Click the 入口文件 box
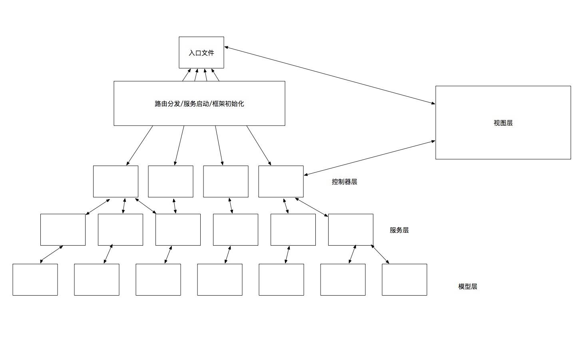201,52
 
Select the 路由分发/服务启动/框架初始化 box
199,104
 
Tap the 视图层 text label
503,123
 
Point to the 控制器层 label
344,182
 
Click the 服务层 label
399,230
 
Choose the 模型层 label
467,286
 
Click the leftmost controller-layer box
116,182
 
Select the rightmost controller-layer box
281,182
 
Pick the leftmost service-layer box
63,230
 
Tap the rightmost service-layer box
351,230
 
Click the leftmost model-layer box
35,280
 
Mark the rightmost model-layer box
405,280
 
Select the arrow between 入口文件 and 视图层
330,75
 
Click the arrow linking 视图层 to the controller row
369,158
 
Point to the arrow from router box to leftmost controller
140,146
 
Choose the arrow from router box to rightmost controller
259,146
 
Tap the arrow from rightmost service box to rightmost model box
380,254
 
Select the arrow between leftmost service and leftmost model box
52,254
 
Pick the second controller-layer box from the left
171,182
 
